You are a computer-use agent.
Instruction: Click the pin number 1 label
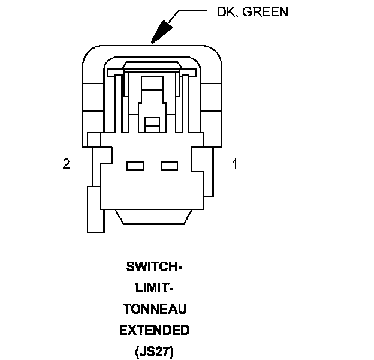click(x=234, y=164)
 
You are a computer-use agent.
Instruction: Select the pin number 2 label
click(x=66, y=164)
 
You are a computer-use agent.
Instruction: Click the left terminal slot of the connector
click(x=135, y=166)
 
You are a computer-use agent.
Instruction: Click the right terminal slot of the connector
click(x=170, y=166)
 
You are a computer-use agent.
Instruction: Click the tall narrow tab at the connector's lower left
click(x=95, y=209)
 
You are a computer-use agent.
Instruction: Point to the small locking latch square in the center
click(x=153, y=124)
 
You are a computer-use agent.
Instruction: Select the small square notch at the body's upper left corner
click(x=94, y=139)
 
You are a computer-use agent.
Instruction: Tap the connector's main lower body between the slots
click(x=153, y=186)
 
